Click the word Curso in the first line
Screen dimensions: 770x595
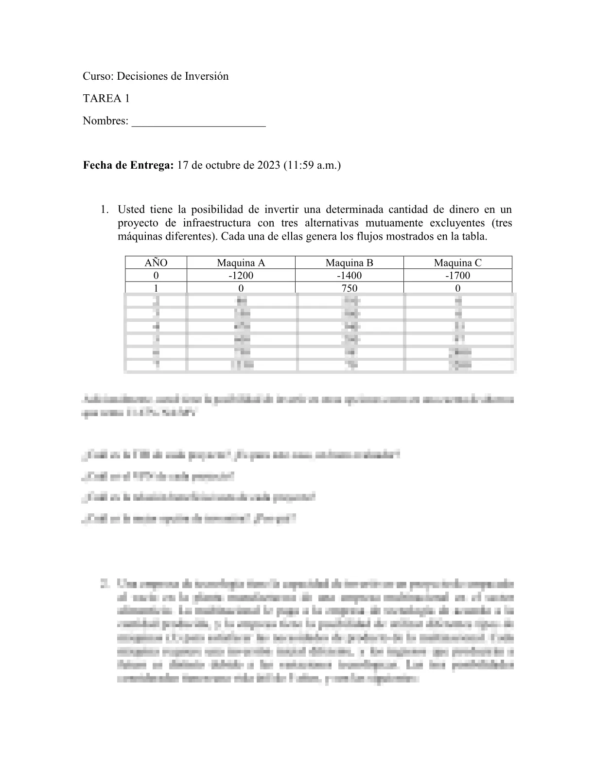click(x=97, y=76)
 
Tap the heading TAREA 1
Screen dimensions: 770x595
click(x=106, y=99)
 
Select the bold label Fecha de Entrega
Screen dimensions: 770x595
click(x=128, y=165)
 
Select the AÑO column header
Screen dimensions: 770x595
click(x=156, y=263)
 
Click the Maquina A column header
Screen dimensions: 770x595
click(x=241, y=263)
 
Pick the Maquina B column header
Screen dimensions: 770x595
click(x=349, y=263)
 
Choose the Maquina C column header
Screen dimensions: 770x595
click(x=457, y=263)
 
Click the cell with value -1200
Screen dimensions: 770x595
click(x=241, y=276)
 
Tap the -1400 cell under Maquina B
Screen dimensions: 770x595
click(x=349, y=276)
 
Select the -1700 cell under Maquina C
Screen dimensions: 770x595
click(x=457, y=276)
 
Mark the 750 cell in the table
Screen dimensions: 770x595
click(x=349, y=288)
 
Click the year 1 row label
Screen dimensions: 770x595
click(x=156, y=288)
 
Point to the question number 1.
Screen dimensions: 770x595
click(x=103, y=210)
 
